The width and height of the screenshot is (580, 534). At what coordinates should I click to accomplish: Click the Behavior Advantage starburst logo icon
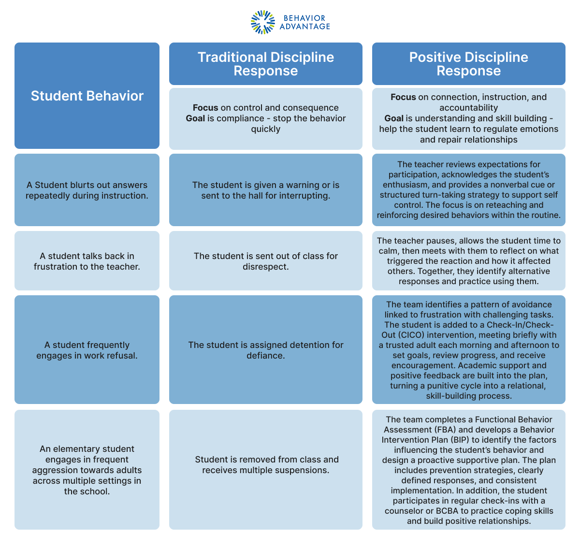263,22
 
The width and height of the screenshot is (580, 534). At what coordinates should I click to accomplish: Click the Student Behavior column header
87,96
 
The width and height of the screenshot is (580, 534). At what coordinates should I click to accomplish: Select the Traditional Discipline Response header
265,64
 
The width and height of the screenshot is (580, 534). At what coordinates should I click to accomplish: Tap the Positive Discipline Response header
468,64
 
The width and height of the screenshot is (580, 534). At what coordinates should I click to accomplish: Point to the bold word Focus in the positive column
403,97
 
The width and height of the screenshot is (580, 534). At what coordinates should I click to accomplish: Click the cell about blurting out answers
87,190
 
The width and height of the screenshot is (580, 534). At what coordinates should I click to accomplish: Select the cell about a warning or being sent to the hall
265,190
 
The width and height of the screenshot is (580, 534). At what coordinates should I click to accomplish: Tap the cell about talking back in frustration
87,261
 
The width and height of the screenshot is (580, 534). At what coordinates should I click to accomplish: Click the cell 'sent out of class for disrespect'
265,261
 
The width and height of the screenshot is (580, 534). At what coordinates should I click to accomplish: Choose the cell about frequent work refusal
87,350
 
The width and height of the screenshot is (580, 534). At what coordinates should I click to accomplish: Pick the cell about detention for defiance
265,350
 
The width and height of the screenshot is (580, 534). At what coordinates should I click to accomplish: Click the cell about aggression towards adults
87,470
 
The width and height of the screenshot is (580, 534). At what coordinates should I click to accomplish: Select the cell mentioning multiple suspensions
265,464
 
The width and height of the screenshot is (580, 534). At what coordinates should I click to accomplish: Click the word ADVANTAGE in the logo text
305,27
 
